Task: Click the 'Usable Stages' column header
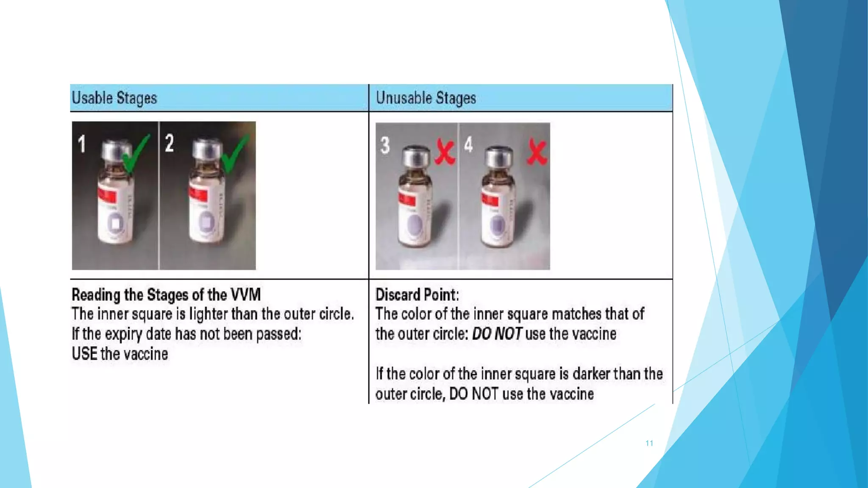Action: [114, 98]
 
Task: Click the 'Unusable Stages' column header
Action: [426, 98]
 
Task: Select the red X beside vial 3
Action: [445, 153]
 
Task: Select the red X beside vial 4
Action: [537, 152]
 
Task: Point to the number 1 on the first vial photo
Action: [82, 144]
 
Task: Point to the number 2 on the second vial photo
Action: [170, 143]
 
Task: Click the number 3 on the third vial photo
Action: [385, 145]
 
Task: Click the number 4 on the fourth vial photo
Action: [468, 144]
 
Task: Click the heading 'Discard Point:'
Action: [417, 294]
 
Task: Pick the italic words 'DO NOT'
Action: [497, 334]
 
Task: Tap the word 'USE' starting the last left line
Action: [84, 354]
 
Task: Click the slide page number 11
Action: [649, 443]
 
